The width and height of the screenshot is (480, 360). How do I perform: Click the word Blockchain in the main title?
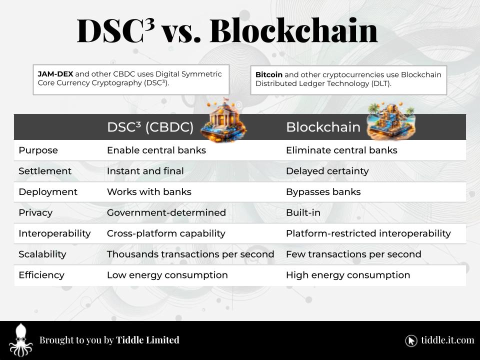click(293, 30)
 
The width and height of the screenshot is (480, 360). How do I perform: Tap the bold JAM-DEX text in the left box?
click(55, 74)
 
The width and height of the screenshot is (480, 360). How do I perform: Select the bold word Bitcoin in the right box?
click(268, 74)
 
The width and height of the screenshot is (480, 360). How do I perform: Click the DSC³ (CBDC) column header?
click(150, 127)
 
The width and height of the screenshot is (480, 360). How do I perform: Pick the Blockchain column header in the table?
click(323, 127)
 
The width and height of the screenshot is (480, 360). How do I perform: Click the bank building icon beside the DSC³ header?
click(223, 121)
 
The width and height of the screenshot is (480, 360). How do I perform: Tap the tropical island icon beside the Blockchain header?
click(390, 121)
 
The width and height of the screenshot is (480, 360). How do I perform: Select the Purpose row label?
click(38, 150)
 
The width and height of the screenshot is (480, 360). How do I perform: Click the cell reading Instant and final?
click(145, 171)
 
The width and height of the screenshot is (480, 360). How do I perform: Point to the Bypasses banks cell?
click(323, 192)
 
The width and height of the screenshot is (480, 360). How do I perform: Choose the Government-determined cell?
click(166, 212)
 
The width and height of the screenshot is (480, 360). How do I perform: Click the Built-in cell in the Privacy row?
click(303, 212)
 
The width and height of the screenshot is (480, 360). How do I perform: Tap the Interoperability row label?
click(54, 233)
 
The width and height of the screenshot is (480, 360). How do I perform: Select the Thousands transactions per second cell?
click(190, 254)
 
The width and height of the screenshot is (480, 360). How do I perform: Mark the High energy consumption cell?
click(347, 275)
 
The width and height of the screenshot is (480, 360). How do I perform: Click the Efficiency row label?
click(41, 275)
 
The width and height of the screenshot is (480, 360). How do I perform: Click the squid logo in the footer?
click(20, 340)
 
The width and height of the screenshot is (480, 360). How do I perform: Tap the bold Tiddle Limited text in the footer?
click(147, 340)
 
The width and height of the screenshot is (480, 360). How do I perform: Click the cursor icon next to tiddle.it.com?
click(411, 340)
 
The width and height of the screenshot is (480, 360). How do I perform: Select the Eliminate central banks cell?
click(341, 150)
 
